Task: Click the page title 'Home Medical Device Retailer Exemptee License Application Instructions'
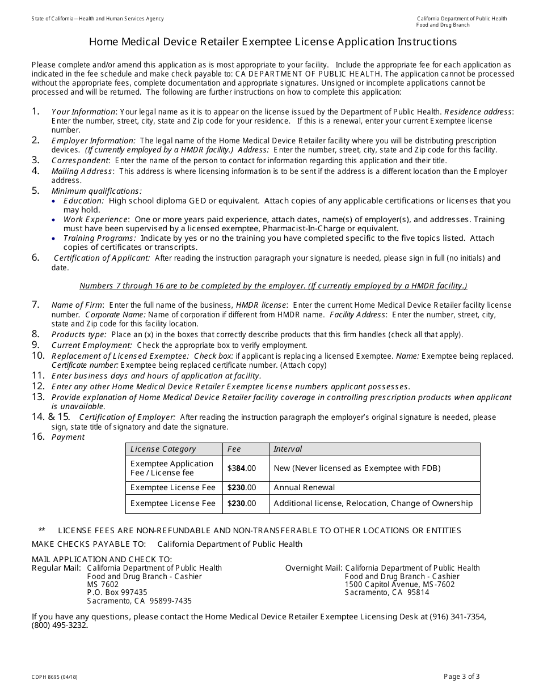coord(273,42)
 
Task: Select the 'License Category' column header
coord(163,449)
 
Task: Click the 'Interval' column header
coord(288,449)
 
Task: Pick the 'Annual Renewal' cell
coord(304,487)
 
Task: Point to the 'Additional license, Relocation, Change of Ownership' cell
coord(373,503)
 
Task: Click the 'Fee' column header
coord(234,449)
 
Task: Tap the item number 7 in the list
coord(36,304)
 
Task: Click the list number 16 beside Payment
coord(38,436)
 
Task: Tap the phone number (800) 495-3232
coord(59,626)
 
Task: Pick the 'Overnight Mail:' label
coord(313,568)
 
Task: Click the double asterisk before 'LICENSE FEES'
coord(42,530)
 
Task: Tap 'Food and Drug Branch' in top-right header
coord(443,25)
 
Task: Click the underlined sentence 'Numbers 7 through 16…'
coord(273,286)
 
